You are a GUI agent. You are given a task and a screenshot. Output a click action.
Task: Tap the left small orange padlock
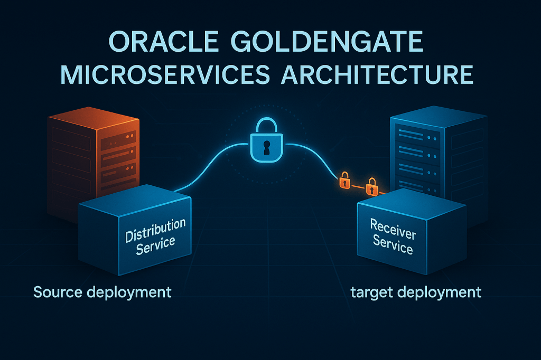[345, 180]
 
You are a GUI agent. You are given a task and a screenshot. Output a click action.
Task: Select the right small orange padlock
[372, 186]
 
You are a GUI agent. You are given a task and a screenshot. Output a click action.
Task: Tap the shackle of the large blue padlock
[266, 127]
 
